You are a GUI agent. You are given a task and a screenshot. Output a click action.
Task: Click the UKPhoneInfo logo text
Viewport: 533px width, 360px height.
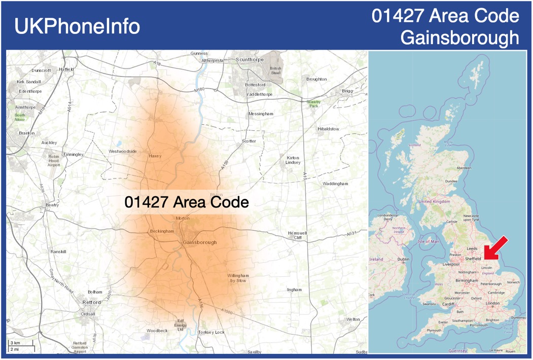coord(77,26)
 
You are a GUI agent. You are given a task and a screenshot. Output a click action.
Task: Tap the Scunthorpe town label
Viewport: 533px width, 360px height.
coord(250,60)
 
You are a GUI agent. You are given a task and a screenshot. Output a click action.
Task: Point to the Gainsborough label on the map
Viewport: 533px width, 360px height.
coord(199,242)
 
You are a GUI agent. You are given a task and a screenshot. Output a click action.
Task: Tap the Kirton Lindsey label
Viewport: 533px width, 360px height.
coord(293,160)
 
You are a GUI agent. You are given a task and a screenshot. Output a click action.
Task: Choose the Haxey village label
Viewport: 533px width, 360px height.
coord(155,156)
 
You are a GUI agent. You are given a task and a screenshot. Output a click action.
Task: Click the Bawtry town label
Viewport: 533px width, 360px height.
coord(52,205)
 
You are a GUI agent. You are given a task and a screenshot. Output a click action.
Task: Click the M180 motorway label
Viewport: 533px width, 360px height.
coord(200,90)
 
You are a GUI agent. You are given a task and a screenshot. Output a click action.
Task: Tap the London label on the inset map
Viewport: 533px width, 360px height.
coord(492,303)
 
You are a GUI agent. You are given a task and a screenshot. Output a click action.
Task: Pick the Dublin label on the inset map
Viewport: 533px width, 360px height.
coord(403,259)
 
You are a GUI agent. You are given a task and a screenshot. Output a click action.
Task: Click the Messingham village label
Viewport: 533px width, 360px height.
coord(261,114)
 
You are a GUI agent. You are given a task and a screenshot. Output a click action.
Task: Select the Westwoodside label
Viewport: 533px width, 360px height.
coord(123,152)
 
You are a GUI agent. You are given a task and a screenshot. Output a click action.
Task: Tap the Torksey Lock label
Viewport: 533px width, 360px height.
coord(211,332)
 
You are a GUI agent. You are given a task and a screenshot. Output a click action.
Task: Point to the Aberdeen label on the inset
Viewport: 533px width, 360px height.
coord(464,168)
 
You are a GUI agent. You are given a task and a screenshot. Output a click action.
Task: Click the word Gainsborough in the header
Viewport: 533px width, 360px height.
coord(459,38)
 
